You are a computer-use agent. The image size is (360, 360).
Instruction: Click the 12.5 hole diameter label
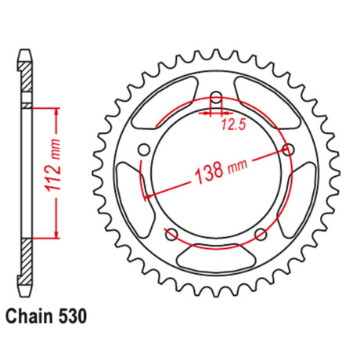pyautogui.click(x=234, y=125)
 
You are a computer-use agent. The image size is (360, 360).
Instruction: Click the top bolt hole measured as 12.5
pyautogui.click(x=216, y=99)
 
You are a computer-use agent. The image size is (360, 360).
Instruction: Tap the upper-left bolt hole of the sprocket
pyautogui.click(x=144, y=150)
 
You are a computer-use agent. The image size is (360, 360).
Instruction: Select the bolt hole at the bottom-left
pyautogui.click(x=171, y=234)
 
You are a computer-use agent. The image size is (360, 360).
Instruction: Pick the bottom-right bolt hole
pyautogui.click(x=261, y=234)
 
